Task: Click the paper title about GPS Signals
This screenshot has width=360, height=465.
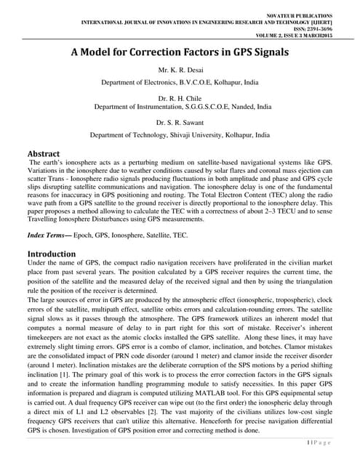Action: pos(179,53)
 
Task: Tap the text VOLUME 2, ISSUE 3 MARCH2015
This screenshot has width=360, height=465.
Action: pos(295,35)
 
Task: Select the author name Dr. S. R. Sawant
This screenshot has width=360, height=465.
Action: pos(180,122)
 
